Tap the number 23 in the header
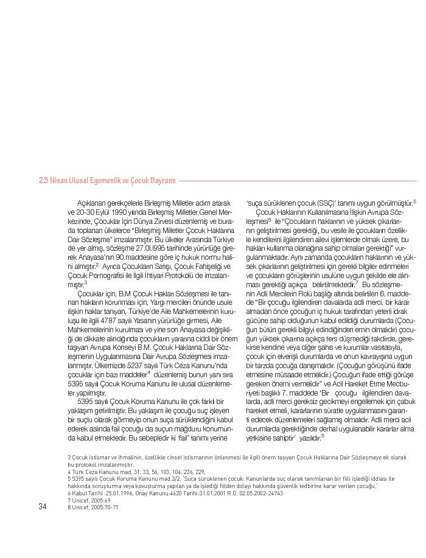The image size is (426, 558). tap(43, 180)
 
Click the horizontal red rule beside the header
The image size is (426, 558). tap(298, 181)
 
